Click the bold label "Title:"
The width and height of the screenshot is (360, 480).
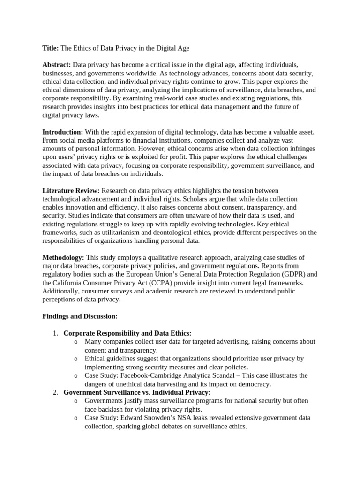pos(50,48)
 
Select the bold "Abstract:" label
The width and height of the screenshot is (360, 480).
pos(57,65)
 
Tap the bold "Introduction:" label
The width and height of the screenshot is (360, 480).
pos(63,132)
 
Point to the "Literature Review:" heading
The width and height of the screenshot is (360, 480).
pos(71,191)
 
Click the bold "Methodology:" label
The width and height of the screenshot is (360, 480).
pos(63,258)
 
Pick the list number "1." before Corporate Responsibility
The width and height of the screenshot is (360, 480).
pos(55,333)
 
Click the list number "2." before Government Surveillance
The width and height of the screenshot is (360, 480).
pos(55,392)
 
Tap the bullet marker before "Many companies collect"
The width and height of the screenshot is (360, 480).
pos(76,342)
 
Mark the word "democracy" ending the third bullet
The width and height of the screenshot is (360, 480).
pos(255,384)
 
